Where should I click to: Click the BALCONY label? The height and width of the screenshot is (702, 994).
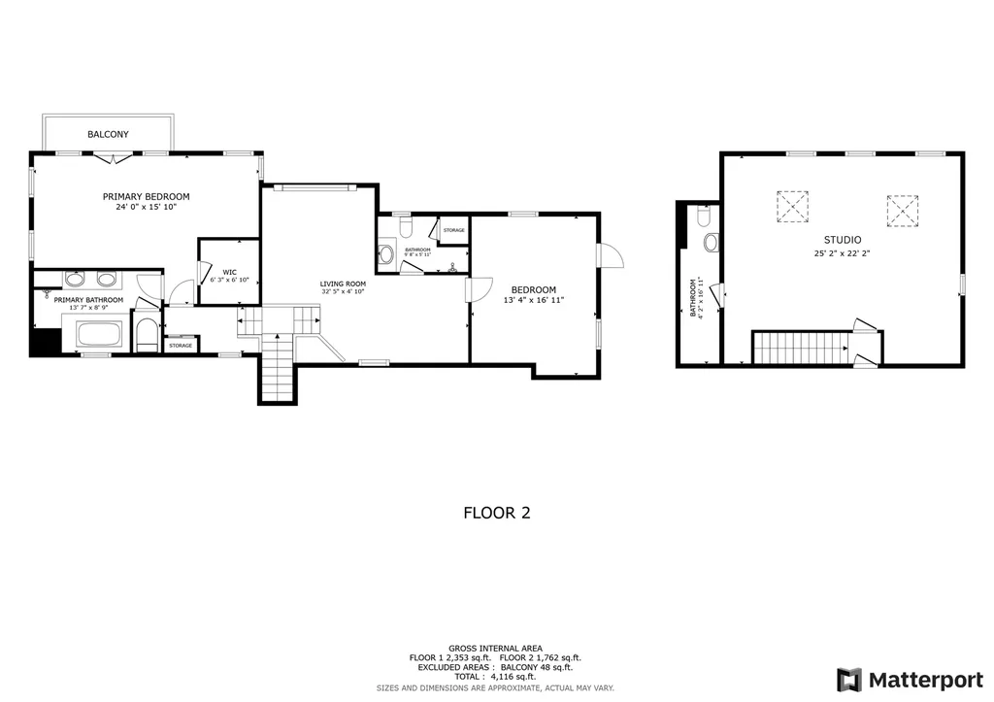(x=108, y=134)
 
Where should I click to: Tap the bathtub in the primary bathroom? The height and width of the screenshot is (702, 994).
(x=99, y=336)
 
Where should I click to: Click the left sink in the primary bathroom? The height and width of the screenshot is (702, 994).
(x=75, y=280)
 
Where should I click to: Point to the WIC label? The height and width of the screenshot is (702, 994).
(x=230, y=272)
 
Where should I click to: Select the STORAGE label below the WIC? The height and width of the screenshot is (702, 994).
(x=181, y=346)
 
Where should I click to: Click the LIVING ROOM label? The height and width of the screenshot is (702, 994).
(x=343, y=284)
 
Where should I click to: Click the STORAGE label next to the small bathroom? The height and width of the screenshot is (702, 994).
(x=453, y=230)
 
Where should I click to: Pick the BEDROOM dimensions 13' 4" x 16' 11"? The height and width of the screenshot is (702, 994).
(x=534, y=301)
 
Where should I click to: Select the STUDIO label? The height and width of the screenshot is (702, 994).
(x=843, y=240)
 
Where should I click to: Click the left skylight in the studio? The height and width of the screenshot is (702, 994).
(x=792, y=206)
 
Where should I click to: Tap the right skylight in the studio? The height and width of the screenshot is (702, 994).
(x=902, y=210)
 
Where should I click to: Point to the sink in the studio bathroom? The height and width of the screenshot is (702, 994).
(x=710, y=241)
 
